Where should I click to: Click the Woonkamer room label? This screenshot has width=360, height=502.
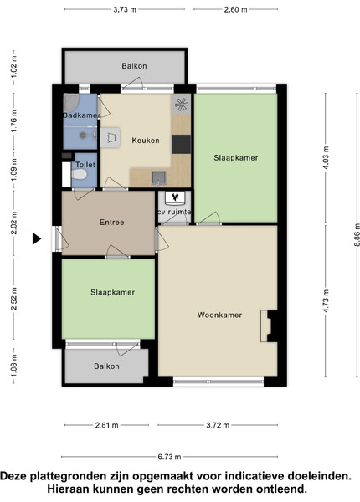click(219, 315)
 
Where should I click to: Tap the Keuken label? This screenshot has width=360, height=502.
click(146, 141)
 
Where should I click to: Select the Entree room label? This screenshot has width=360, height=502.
click(112, 223)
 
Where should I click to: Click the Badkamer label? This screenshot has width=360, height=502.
click(80, 115)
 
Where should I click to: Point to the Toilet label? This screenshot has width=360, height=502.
click(85, 165)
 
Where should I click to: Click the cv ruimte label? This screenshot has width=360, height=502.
click(174, 212)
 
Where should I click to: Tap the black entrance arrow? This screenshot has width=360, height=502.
click(37, 238)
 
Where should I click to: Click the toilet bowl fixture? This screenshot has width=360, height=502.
click(79, 175)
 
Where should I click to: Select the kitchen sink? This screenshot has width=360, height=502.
click(158, 178)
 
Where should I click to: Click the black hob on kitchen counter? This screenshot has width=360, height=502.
click(181, 145)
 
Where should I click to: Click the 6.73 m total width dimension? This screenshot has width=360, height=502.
click(169, 457)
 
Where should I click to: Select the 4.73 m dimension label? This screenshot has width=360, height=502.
click(326, 301)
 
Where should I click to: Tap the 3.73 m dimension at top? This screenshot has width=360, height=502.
click(125, 9)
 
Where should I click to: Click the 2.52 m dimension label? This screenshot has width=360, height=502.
click(13, 299)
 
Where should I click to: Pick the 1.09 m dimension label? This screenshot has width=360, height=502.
click(13, 169)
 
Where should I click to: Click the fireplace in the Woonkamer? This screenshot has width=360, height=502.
click(268, 326)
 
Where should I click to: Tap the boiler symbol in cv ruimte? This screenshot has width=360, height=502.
click(175, 197)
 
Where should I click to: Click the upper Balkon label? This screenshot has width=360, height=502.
click(134, 66)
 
